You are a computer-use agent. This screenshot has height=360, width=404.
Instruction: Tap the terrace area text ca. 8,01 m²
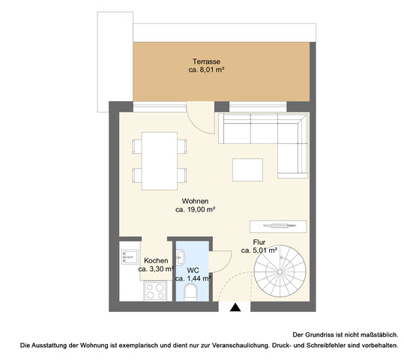click(207, 69)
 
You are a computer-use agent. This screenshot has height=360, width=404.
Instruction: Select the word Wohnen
click(195, 201)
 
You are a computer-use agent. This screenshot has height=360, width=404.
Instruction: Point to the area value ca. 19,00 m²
click(196, 211)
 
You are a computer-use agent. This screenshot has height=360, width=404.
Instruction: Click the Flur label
click(259, 241)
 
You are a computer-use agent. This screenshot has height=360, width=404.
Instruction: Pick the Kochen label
click(156, 260)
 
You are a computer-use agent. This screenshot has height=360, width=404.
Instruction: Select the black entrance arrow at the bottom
click(235, 307)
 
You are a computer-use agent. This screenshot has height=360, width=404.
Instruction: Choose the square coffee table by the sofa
click(248, 169)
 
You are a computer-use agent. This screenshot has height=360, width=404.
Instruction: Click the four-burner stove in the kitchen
click(156, 289)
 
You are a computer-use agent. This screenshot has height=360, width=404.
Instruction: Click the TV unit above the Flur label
click(278, 225)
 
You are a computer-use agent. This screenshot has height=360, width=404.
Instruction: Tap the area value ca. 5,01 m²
click(259, 250)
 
